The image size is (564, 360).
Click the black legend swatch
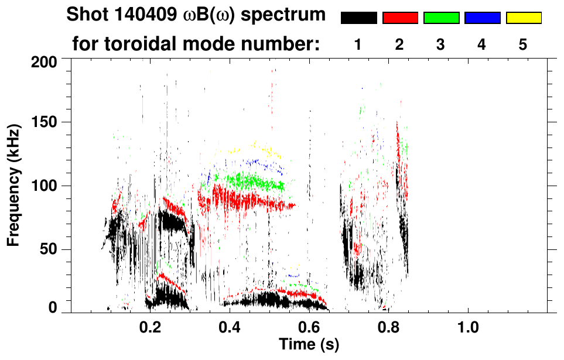[358, 18]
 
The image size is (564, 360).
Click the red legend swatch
[400, 18]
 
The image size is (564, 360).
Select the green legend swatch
[441, 18]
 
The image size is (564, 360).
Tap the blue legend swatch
[482, 18]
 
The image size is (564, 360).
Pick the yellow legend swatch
[523, 18]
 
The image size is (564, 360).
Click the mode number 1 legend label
[358, 44]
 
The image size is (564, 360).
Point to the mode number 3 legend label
[441, 44]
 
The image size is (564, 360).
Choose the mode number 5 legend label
[523, 44]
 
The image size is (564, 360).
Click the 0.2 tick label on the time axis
[150, 327]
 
